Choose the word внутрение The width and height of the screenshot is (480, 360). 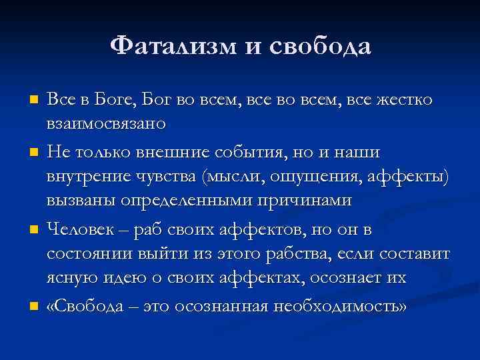(x=88, y=177)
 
